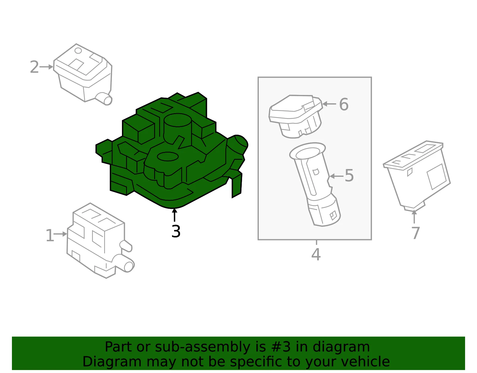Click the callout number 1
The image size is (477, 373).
pos(49,235)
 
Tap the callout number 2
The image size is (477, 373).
pos(35,67)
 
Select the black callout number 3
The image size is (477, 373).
pos(176,231)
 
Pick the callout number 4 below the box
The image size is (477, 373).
pos(316,254)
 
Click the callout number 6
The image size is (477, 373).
pos(344,105)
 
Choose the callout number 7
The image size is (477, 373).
pos(416,233)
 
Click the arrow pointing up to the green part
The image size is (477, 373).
pos(174,215)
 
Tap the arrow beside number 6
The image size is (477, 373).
pos(329,104)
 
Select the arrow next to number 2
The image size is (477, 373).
pos(47,67)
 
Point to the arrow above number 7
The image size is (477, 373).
pos(414,217)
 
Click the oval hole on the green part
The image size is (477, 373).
pos(168,156)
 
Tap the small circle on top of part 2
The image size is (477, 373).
pos(78,50)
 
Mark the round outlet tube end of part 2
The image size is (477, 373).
pos(108,100)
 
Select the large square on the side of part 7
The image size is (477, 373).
pos(437,176)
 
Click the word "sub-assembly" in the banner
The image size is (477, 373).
pos(202,347)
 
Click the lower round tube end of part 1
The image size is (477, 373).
pos(128,266)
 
